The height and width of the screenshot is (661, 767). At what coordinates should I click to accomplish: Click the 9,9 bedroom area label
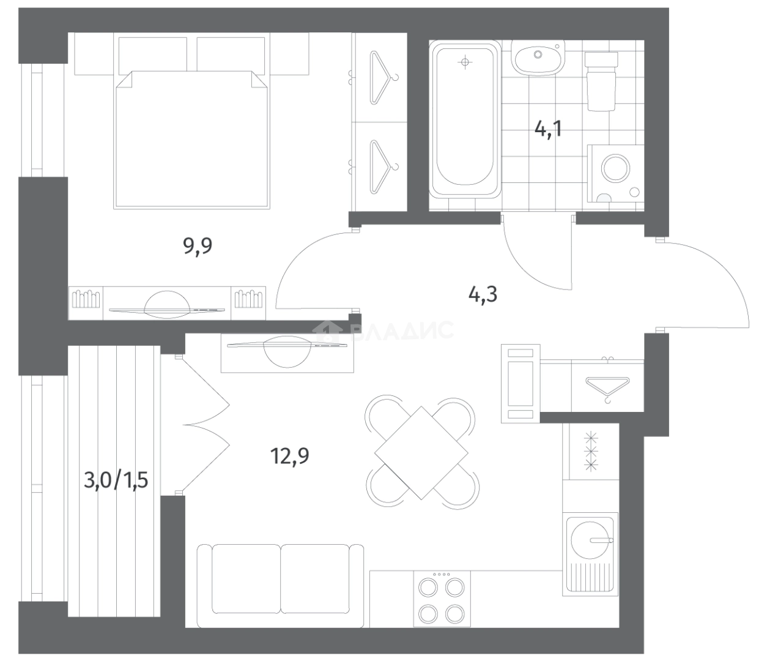tap(198, 246)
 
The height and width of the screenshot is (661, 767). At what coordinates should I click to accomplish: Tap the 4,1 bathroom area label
tap(547, 130)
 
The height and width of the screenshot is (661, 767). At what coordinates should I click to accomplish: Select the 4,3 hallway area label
tap(483, 295)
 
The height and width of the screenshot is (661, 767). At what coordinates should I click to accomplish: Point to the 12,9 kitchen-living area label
tap(290, 456)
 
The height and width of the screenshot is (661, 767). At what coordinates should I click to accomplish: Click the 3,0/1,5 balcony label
tap(116, 480)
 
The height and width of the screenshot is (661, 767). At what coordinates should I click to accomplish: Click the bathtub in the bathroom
tap(465, 119)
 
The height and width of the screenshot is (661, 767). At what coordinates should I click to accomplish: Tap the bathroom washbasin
tap(538, 58)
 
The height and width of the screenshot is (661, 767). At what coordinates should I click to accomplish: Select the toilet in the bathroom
tap(601, 81)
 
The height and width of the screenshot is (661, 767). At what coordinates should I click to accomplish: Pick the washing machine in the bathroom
tap(615, 173)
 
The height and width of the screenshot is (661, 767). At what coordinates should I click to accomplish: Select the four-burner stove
tap(442, 599)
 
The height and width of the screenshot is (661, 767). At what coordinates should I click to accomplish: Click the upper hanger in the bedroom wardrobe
tap(380, 77)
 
